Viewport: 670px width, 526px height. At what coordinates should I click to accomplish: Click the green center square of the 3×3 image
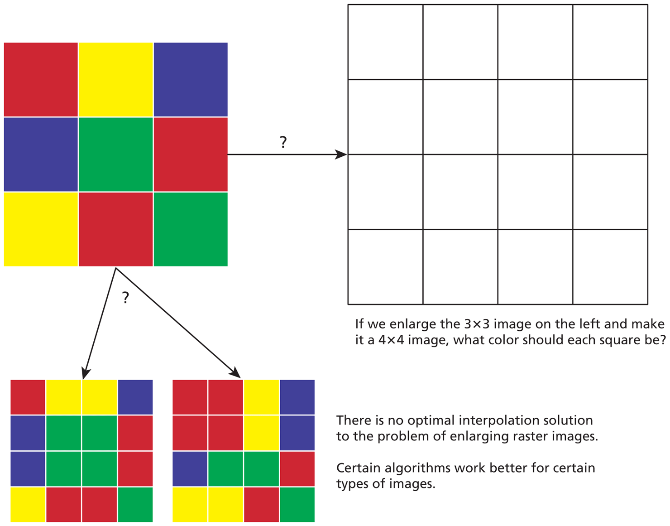point(115,154)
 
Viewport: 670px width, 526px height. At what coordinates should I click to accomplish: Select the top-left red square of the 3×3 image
point(41,79)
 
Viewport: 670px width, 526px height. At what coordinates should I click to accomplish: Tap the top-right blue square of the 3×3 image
point(191,79)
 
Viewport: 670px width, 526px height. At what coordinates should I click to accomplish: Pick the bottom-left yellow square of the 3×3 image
point(41,229)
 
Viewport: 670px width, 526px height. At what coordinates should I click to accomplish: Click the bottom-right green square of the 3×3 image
point(191,229)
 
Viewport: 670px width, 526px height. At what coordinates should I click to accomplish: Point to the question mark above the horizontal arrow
point(283,142)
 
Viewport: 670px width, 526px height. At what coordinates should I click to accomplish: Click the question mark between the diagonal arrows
point(125,298)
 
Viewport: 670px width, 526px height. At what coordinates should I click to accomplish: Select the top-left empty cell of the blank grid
point(385,42)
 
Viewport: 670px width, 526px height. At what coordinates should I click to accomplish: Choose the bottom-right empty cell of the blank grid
point(610,267)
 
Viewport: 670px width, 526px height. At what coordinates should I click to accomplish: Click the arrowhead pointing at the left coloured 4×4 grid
point(86,374)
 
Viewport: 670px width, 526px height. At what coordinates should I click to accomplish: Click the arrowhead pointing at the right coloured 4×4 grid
point(235,373)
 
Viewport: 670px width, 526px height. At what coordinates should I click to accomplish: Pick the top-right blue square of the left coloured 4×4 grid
point(135,397)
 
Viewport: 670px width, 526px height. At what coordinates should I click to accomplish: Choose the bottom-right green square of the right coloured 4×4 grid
point(297,504)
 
